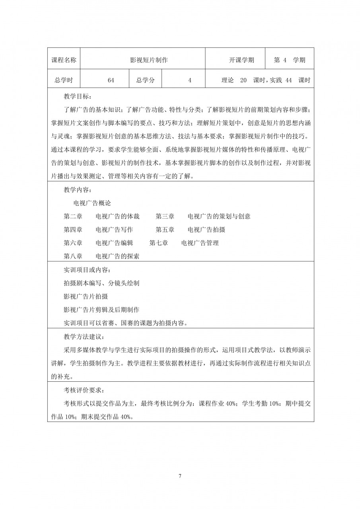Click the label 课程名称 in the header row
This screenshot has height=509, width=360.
click(x=64, y=60)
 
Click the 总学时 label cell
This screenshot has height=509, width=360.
click(x=64, y=80)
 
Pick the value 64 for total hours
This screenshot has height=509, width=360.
click(x=111, y=80)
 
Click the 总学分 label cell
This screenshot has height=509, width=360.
click(x=145, y=80)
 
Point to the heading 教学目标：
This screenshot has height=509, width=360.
click(x=78, y=97)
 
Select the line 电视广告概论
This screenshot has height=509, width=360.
click(x=92, y=203)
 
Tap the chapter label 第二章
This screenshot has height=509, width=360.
click(x=73, y=216)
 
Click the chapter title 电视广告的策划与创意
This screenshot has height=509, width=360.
click(x=219, y=216)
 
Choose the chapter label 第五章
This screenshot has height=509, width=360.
click(x=165, y=230)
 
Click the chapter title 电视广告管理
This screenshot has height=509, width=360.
click(x=200, y=243)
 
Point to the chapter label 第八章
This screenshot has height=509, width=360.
click(x=73, y=256)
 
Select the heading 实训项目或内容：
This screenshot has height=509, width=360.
click(x=85, y=270)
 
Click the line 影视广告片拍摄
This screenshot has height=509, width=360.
click(x=86, y=297)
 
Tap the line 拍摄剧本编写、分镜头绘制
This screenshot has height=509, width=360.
click(x=101, y=283)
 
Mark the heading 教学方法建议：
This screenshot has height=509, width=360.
click(x=84, y=337)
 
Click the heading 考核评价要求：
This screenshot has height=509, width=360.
click(x=84, y=390)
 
